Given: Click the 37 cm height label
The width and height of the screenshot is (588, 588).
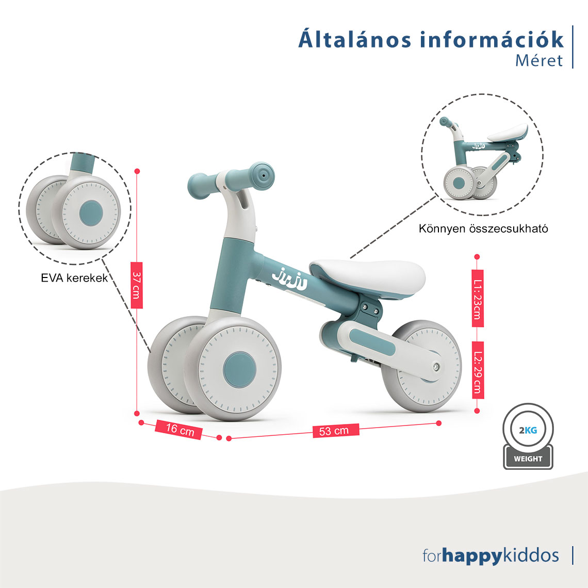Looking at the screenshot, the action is pyautogui.click(x=137, y=285).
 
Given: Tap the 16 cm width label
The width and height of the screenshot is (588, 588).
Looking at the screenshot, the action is pyautogui.click(x=179, y=429).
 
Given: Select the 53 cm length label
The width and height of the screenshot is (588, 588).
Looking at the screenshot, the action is pyautogui.click(x=336, y=431).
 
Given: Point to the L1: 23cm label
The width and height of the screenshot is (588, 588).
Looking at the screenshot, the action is pyautogui.click(x=477, y=298).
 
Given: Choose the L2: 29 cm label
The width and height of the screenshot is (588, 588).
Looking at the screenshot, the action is pyautogui.click(x=478, y=370).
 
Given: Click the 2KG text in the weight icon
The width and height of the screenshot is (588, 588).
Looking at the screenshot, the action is pyautogui.click(x=528, y=430).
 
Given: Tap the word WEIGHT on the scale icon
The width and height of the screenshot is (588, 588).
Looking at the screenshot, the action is pyautogui.click(x=528, y=459).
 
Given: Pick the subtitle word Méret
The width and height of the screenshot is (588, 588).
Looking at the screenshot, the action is pyautogui.click(x=539, y=60).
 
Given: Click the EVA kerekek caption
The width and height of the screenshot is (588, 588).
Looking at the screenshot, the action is pyautogui.click(x=74, y=278).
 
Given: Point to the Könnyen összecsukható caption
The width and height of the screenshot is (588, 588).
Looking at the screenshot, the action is pyautogui.click(x=483, y=228).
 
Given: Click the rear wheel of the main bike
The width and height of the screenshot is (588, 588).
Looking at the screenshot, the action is pyautogui.click(x=422, y=366).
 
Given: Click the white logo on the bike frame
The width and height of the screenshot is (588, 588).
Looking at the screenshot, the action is pyautogui.click(x=289, y=278).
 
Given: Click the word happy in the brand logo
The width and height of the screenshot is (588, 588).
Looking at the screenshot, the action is pyautogui.click(x=472, y=556).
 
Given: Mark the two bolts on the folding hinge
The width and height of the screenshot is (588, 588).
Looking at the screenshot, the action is pyautogui.click(x=369, y=308).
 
